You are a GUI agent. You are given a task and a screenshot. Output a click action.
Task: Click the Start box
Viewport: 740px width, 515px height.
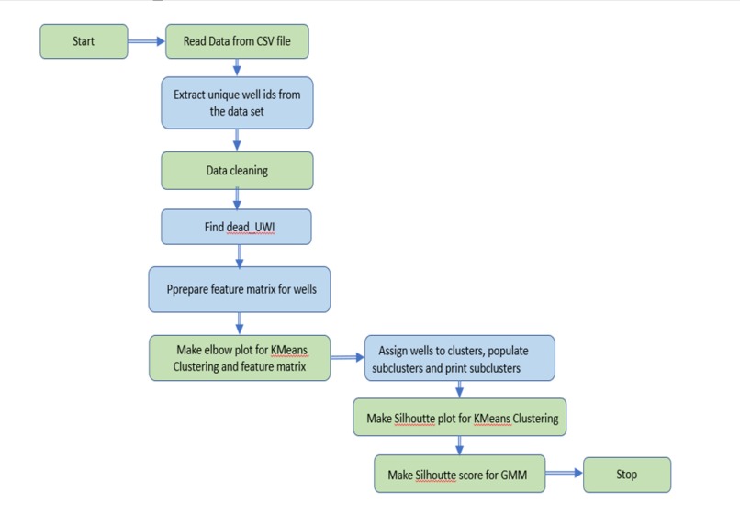tap(84, 41)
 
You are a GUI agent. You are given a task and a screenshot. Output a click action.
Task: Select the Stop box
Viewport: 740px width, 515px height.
tap(627, 475)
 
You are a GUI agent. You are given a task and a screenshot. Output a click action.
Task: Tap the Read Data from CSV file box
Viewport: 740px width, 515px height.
tap(237, 41)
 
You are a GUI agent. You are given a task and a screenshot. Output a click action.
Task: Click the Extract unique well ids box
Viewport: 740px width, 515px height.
tap(238, 103)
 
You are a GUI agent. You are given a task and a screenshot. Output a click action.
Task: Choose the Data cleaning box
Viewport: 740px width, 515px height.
tap(238, 170)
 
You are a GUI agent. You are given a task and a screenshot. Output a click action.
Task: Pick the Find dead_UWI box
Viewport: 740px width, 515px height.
tap(238, 228)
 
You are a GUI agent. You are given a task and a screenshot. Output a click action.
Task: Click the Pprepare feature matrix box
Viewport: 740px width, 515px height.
tap(240, 290)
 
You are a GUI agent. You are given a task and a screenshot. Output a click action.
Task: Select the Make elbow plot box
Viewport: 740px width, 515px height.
tap(240, 357)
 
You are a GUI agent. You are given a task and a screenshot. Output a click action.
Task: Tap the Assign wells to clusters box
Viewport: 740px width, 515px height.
tap(459, 358)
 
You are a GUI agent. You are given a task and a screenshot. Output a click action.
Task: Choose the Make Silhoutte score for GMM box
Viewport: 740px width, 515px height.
tap(460, 475)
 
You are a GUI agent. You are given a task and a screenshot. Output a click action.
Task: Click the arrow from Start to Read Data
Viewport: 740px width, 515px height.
tap(146, 41)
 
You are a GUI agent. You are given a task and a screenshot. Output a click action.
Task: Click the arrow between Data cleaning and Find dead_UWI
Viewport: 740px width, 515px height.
tap(238, 198)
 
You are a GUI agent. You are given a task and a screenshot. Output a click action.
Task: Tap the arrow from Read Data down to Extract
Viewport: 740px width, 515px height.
tap(238, 67)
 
